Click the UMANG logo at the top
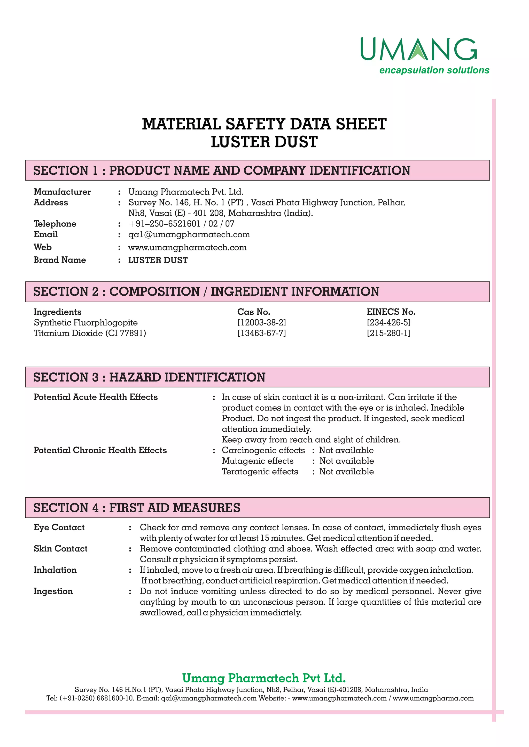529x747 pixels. tap(418, 50)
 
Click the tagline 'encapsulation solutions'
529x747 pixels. tap(434, 70)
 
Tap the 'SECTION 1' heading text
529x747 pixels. tap(65, 170)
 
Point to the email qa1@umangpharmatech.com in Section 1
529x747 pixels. tap(189, 234)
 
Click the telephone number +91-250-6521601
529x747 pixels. tap(165, 224)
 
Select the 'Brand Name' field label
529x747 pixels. tap(60, 260)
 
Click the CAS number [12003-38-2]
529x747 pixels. tap(262, 323)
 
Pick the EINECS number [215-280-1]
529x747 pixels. tap(388, 334)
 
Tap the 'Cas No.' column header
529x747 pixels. tap(253, 312)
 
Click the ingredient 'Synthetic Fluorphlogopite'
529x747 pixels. tap(86, 323)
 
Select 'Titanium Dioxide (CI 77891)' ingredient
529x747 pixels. tap(90, 334)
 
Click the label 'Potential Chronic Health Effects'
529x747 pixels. tap(100, 450)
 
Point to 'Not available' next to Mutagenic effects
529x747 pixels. tap(346, 461)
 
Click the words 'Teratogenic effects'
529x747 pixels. tap(260, 472)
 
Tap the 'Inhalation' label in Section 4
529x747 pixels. tap(55, 570)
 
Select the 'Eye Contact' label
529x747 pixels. tap(59, 527)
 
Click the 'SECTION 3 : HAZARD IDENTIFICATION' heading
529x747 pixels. tap(149, 377)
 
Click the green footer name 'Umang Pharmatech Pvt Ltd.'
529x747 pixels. tap(264, 678)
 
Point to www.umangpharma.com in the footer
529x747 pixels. tap(433, 699)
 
